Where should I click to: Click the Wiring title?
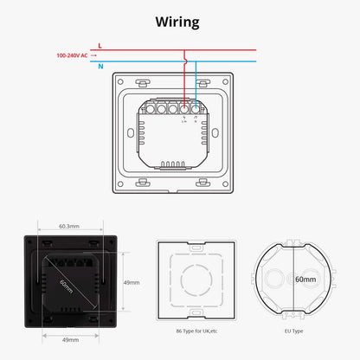[179, 21]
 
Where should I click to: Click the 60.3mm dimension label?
[70, 227]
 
